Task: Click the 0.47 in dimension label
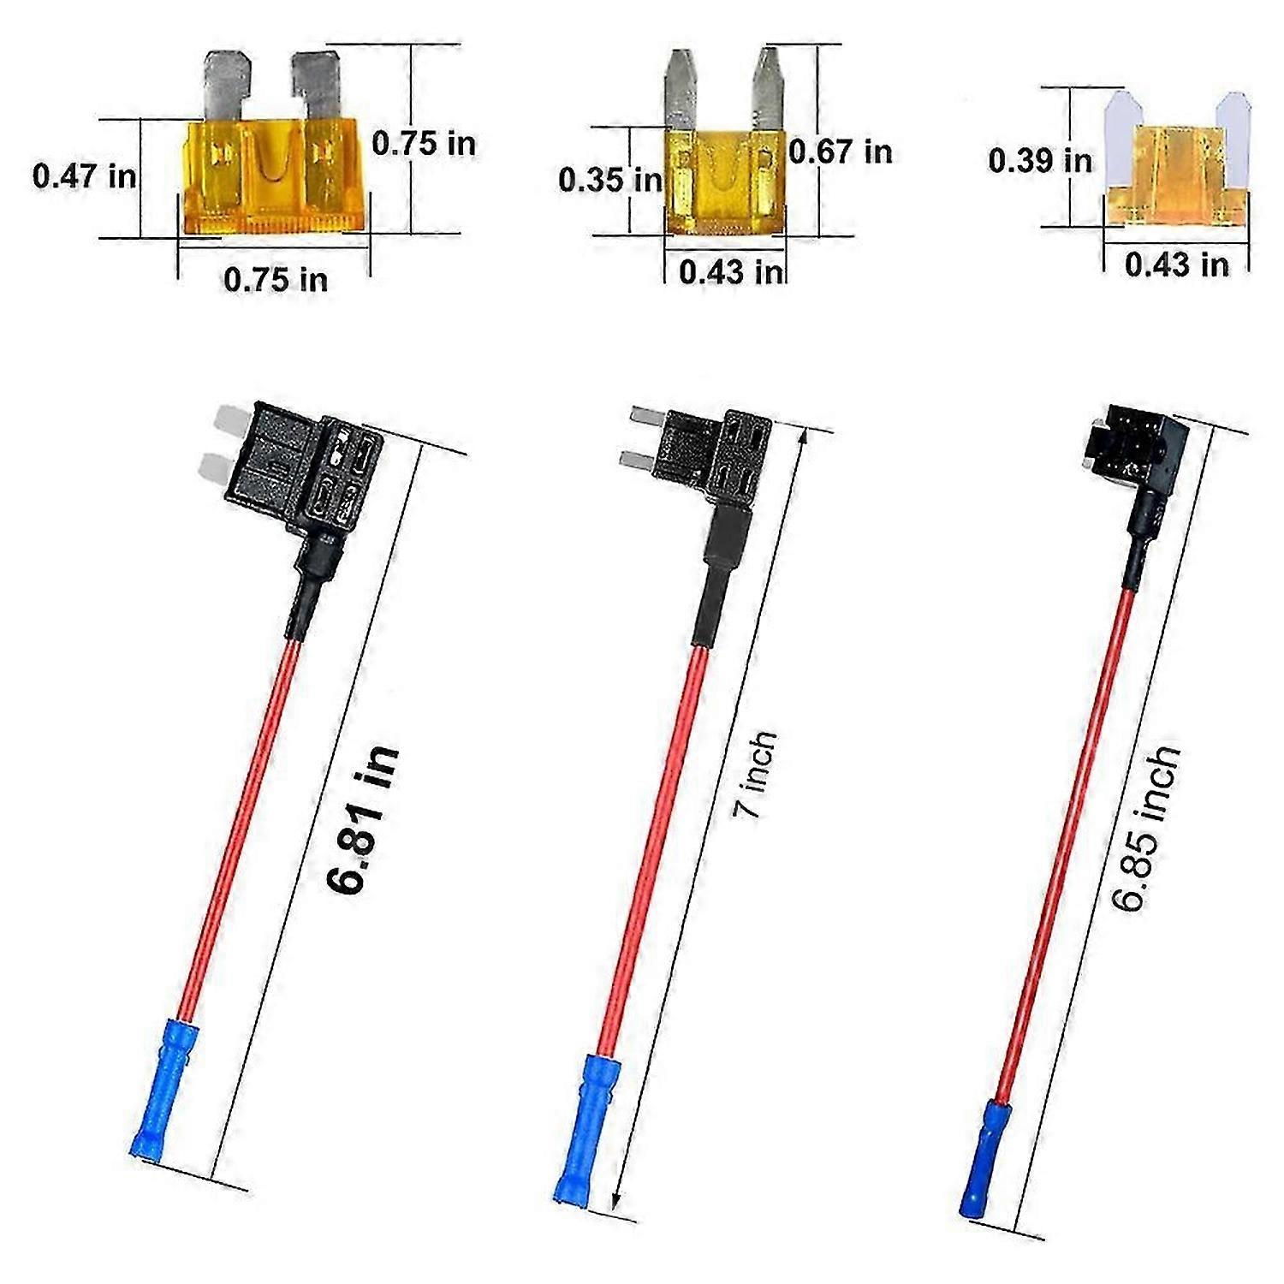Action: [84, 176]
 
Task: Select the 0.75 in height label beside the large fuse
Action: [424, 144]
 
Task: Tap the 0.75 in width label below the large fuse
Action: [275, 280]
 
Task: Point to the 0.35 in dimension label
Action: [609, 180]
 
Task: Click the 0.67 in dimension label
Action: [840, 152]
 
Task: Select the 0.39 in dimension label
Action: [1040, 160]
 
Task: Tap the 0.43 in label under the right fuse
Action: [1176, 265]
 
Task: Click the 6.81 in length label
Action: [364, 820]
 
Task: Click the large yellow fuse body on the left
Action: [274, 175]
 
